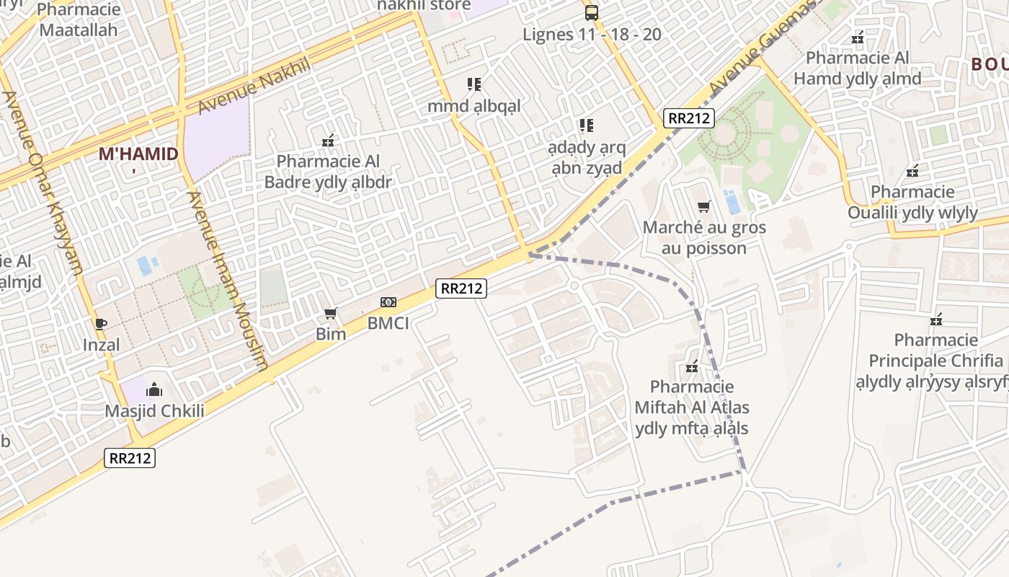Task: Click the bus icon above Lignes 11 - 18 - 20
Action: [x=591, y=12]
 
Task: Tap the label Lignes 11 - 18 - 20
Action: [x=592, y=35]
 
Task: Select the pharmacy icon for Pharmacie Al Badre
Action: [x=328, y=141]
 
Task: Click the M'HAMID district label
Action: [x=138, y=154]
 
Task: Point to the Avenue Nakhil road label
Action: [x=253, y=86]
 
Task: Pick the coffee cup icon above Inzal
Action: [x=101, y=324]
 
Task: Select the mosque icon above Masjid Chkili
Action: [x=154, y=391]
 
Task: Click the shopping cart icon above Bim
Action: [x=331, y=313]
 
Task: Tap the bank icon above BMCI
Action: [x=388, y=302]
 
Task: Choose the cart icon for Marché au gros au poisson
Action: [x=704, y=207]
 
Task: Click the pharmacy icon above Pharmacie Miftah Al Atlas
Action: [x=692, y=367]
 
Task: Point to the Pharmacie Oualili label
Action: [x=912, y=203]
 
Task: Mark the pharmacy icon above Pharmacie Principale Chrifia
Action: [x=936, y=319]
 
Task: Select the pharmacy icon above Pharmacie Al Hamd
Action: [x=858, y=38]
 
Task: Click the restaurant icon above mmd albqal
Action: [x=474, y=84]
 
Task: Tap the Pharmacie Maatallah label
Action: [x=78, y=20]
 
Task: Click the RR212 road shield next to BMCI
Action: [x=461, y=288]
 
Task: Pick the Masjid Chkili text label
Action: [x=155, y=412]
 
